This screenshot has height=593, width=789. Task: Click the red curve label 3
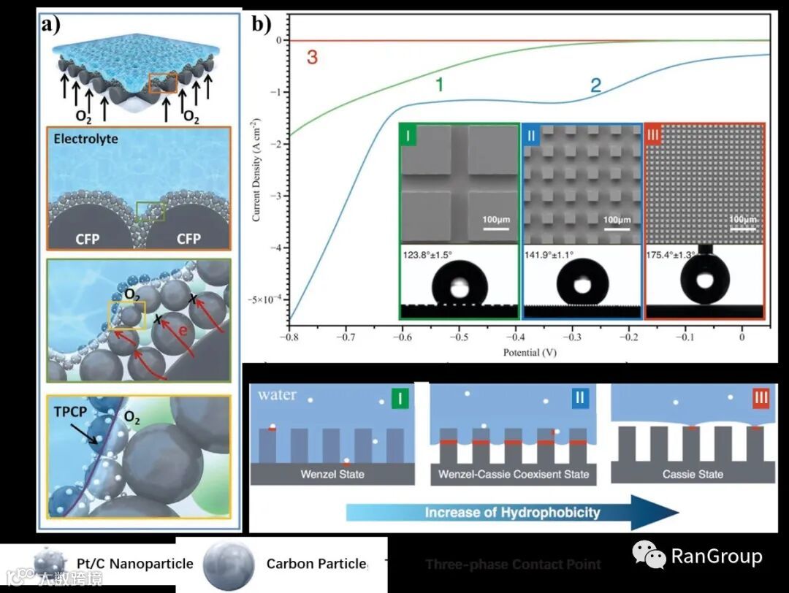point(312,58)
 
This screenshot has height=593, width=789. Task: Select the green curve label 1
point(440,85)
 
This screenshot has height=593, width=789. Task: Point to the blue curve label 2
point(595,85)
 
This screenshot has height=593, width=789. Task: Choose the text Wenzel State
point(332,474)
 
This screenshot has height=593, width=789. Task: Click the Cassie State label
point(693,474)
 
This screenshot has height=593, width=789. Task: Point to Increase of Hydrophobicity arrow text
point(512,512)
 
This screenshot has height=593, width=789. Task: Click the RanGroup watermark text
point(716,556)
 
